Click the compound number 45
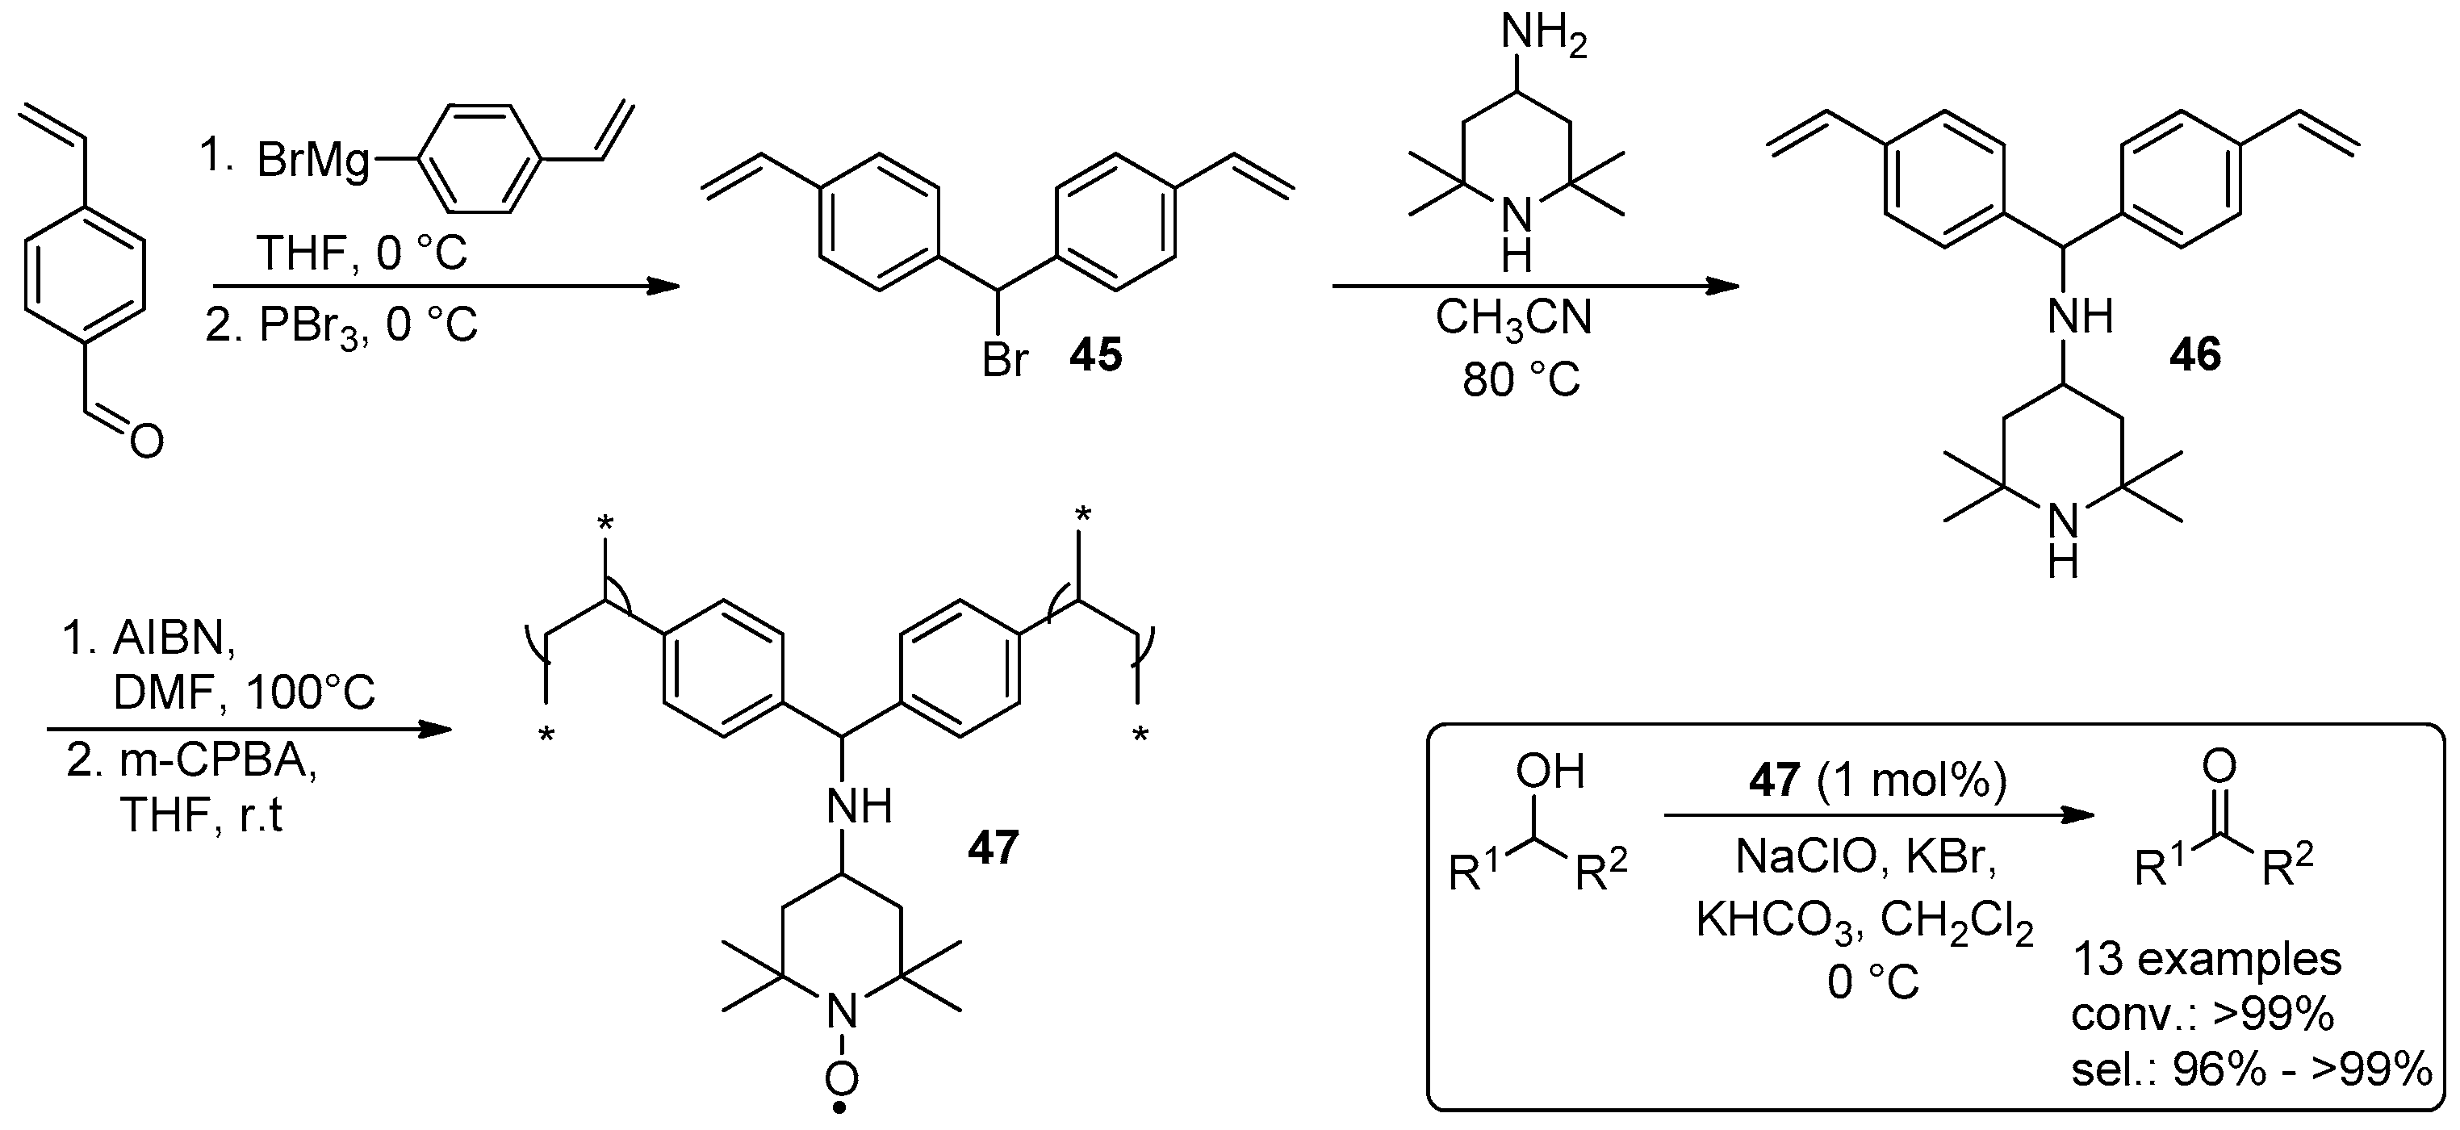click(1095, 356)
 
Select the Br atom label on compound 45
click(1006, 360)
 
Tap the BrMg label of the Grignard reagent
click(312, 161)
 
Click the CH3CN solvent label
click(1513, 318)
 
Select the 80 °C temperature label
click(1521, 380)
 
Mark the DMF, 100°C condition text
click(244, 693)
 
